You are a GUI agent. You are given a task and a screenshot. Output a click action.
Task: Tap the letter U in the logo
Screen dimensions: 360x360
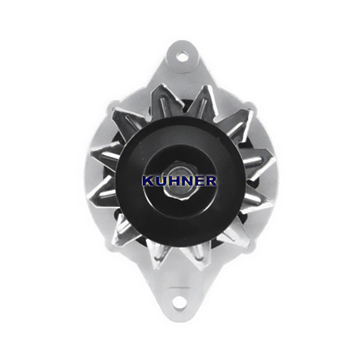point(161,181)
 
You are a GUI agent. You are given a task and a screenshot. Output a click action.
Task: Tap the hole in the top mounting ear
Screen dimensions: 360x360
point(182,56)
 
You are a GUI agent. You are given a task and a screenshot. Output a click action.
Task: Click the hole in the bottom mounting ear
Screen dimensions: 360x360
point(179,303)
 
